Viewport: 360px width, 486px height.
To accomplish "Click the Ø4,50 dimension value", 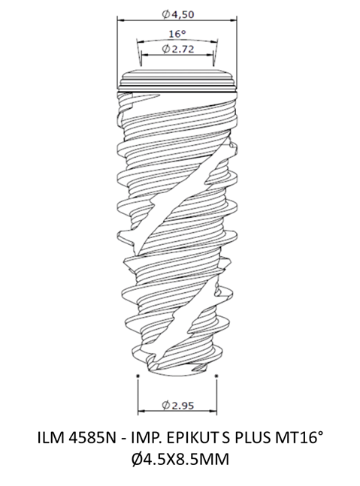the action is tap(177, 14).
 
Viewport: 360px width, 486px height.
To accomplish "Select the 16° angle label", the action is tap(177, 34).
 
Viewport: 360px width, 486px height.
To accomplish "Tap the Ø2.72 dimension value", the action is tap(178, 49).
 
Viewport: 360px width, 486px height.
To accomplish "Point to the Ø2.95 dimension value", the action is tap(177, 405).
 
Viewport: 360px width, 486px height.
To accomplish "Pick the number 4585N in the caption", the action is tap(92, 438).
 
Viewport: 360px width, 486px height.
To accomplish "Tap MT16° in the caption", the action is tap(296, 438).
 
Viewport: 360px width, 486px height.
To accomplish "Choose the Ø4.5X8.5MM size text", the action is tap(180, 459).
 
